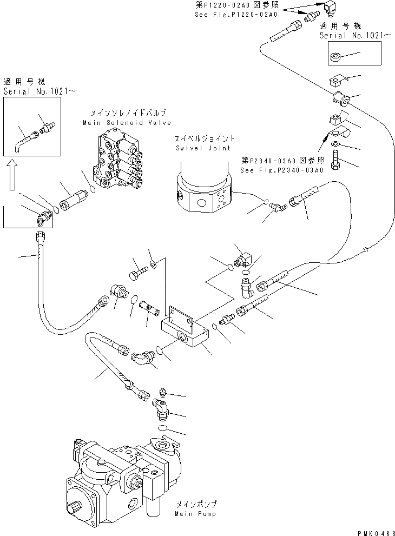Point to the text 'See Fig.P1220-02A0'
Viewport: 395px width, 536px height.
pos(236,15)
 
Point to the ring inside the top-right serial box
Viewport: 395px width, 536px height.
pos(337,56)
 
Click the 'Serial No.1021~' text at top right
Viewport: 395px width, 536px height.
pos(348,35)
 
